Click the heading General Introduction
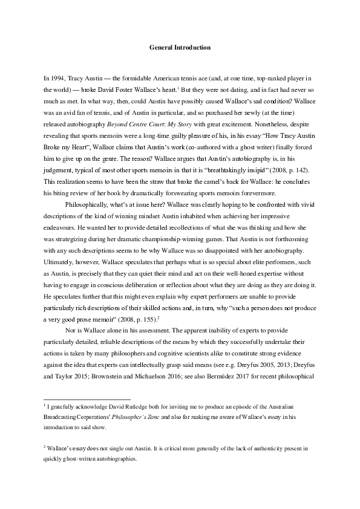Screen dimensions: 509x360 coord(180,47)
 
